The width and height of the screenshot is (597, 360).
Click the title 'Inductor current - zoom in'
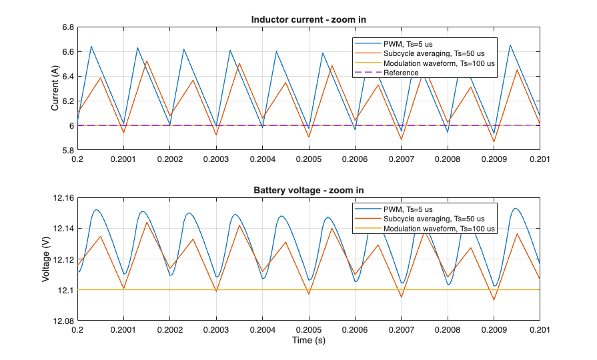pyautogui.click(x=308, y=19)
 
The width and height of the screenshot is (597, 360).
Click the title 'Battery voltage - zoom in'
pyautogui.click(x=308, y=190)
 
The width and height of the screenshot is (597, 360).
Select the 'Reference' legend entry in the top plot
pyautogui.click(x=401, y=73)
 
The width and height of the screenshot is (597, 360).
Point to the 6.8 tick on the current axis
pyautogui.click(x=67, y=27)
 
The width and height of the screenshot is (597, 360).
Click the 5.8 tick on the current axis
pyautogui.click(x=67, y=150)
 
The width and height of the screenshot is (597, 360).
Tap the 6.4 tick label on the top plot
pyautogui.click(x=67, y=77)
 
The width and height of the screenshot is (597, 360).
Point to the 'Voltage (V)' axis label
pyautogui.click(x=46, y=259)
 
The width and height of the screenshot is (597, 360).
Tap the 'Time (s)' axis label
pyautogui.click(x=308, y=340)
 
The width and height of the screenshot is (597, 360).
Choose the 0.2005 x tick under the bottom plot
pyautogui.click(x=308, y=330)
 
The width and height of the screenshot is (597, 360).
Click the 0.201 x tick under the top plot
pyautogui.click(x=539, y=159)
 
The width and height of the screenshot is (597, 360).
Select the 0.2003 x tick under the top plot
pyautogui.click(x=216, y=159)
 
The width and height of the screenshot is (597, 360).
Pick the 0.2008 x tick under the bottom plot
pyautogui.click(x=447, y=330)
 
